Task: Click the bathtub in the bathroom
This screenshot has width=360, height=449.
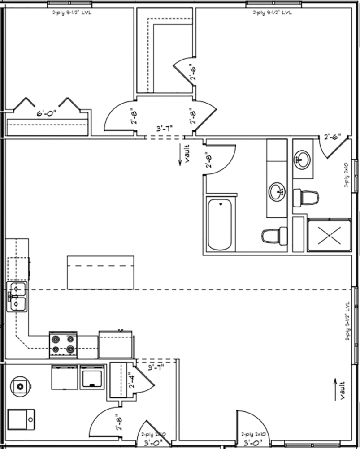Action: pos(220,224)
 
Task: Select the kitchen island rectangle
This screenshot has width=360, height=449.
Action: pos(100,272)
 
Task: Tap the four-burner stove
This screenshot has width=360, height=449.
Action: pos(62,345)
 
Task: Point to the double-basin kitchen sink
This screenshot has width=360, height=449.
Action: pos(17,296)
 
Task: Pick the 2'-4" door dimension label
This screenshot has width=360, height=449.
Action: pos(130,380)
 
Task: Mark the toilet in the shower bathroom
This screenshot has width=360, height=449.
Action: pos(306,198)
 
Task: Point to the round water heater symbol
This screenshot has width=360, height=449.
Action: pos(21,385)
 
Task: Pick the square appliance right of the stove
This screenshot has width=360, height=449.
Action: pos(116,345)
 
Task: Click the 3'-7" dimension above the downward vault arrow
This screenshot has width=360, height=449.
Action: pos(164,128)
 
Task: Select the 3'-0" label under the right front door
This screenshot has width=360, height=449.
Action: pos(254,444)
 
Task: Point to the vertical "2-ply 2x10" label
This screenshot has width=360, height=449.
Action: pos(346,175)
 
